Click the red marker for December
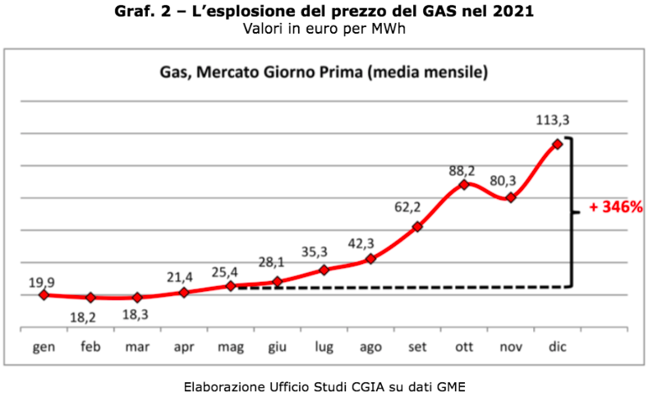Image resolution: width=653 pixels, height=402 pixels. coord(558,144)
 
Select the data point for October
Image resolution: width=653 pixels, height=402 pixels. coord(464,184)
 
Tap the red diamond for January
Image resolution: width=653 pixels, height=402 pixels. coord(44,294)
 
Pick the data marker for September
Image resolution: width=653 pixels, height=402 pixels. coord(417,226)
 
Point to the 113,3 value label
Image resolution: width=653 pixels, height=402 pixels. coord(553,120)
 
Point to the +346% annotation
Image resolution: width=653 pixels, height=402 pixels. coord(615,207)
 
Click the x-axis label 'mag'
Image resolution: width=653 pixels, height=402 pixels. coord(230,347)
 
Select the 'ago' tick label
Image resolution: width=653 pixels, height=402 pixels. coord(370,347)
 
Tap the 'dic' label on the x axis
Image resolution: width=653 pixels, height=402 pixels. coord(558,347)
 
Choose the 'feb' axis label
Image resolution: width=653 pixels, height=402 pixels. coord(90,347)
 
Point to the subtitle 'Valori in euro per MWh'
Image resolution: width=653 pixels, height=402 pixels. coord(325,28)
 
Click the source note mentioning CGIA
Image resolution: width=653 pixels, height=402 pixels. coord(325,386)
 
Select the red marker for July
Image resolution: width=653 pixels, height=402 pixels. coord(324,270)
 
